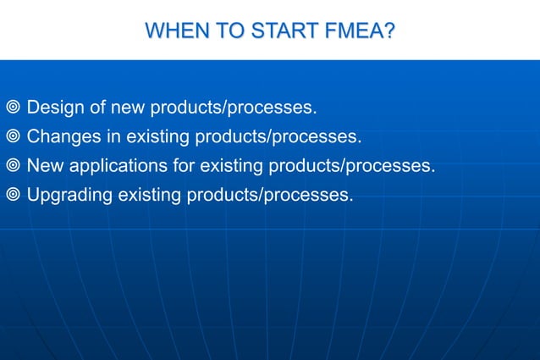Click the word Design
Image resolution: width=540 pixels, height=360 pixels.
54,108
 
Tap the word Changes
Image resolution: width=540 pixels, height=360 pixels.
61,137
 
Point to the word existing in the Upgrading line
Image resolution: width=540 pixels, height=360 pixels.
150,196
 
